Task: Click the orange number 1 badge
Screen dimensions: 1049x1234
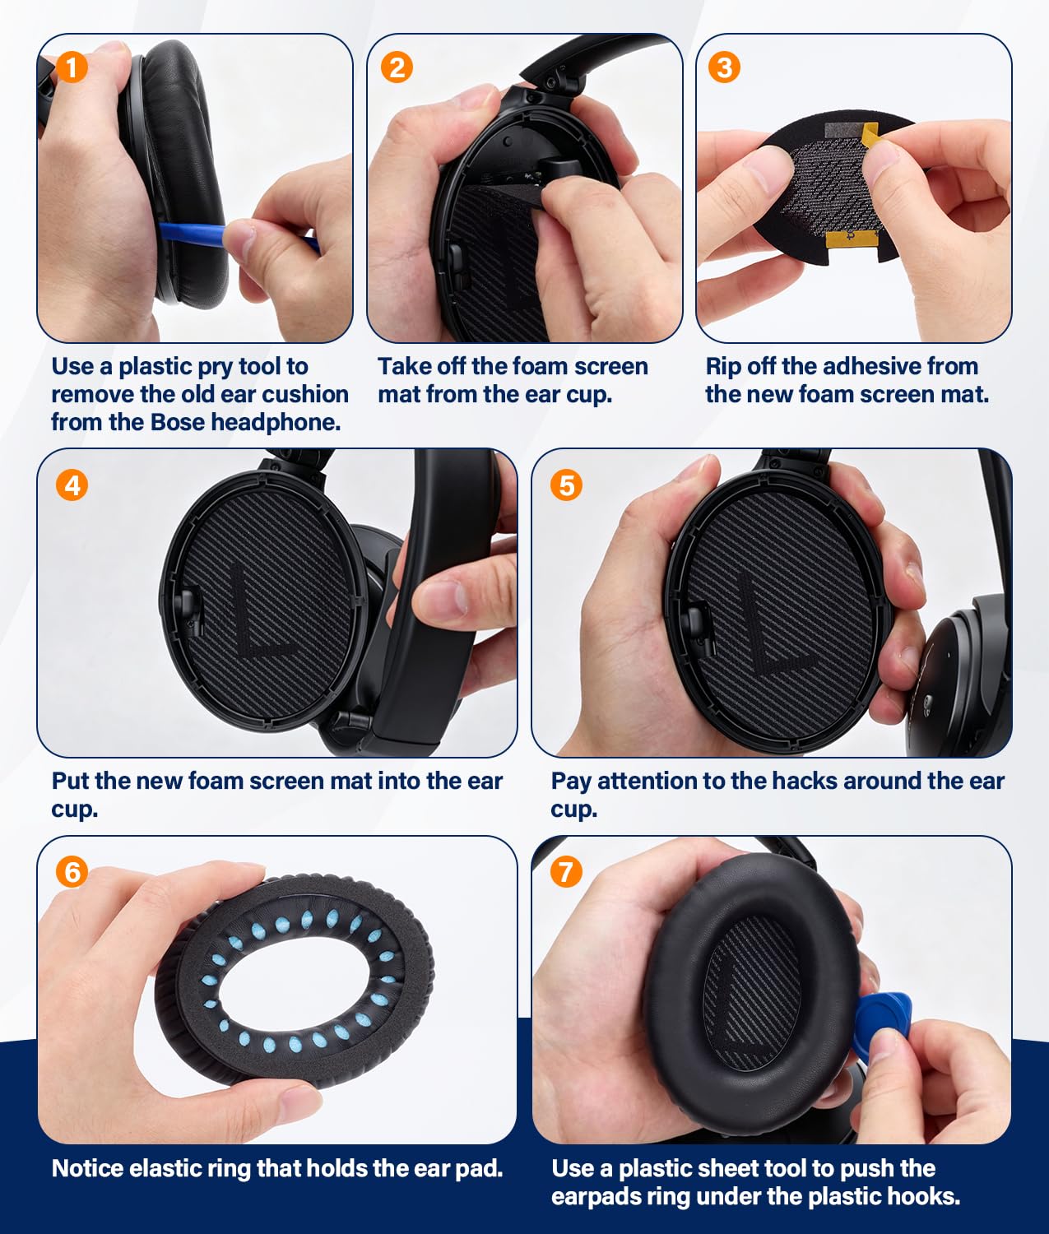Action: pyautogui.click(x=72, y=67)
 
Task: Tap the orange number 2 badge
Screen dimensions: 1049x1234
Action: pyautogui.click(x=397, y=67)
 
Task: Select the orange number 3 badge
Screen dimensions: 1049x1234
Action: pyautogui.click(x=724, y=67)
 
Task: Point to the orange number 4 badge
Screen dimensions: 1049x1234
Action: pyautogui.click(x=72, y=485)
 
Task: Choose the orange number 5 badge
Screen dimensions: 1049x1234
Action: pyautogui.click(x=566, y=485)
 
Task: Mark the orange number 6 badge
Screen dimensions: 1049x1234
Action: pyautogui.click(x=72, y=872)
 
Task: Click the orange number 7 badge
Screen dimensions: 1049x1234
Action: pyautogui.click(x=566, y=872)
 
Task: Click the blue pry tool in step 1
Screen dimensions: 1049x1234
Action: pyautogui.click(x=239, y=234)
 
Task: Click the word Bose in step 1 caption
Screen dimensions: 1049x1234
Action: pyautogui.click(x=178, y=422)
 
